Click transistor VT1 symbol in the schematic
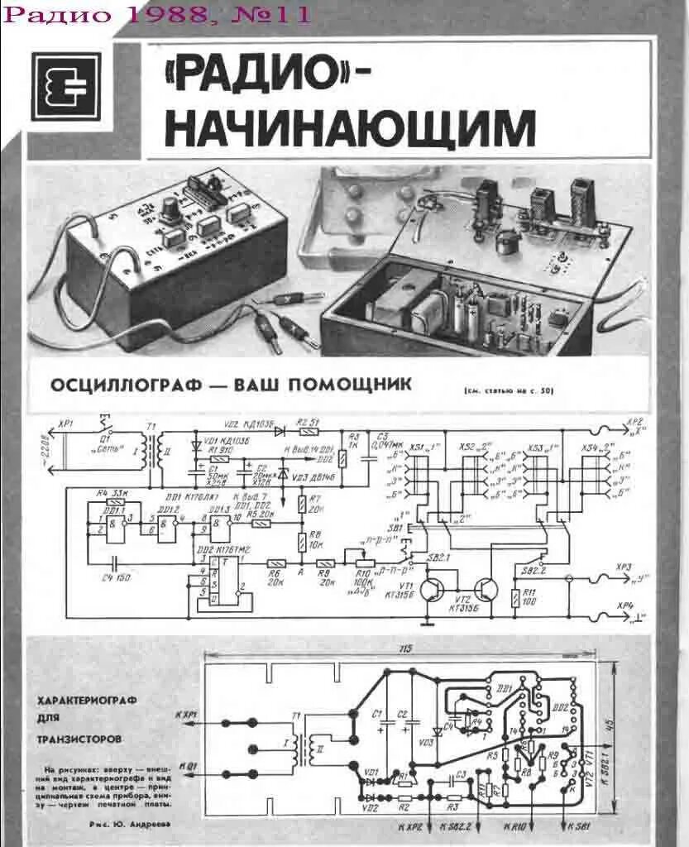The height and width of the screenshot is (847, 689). tap(432, 589)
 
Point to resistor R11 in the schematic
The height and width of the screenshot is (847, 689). tap(517, 597)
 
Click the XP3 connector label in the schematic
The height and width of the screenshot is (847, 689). tap(624, 567)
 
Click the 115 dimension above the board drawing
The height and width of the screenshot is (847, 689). tap(404, 648)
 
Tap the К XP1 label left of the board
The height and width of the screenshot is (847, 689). tap(186, 713)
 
